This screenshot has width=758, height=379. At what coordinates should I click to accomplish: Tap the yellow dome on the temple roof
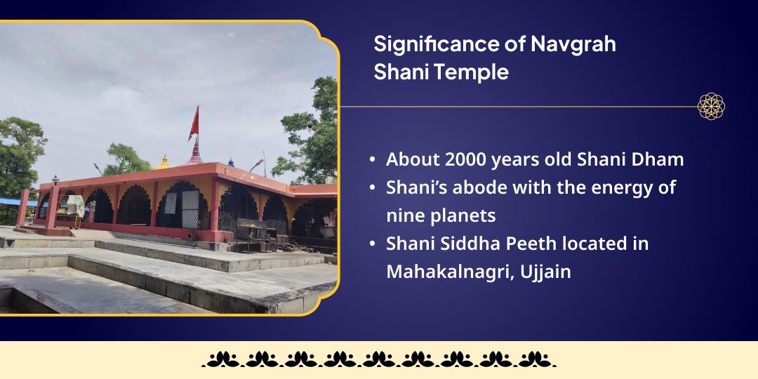pos(164,163)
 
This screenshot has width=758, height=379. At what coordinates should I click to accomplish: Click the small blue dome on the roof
pos(230,162)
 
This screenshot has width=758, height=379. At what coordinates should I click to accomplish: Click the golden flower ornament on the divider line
pos(711,107)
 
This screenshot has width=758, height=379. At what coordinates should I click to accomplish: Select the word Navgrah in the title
pos(573,44)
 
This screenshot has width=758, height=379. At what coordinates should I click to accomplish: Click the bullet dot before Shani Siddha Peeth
pos(373,244)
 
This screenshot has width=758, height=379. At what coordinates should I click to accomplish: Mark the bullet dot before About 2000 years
pos(373,160)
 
